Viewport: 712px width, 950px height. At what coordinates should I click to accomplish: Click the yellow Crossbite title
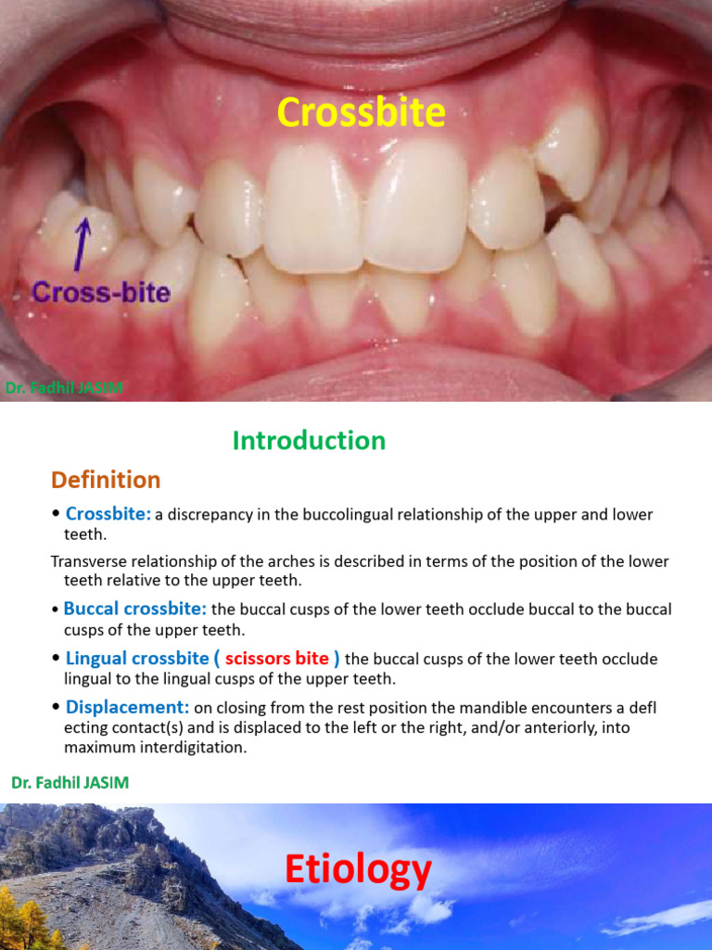[x=361, y=113]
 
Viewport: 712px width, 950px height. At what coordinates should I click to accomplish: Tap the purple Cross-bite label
[x=101, y=293]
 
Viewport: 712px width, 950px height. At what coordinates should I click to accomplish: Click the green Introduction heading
[x=309, y=441]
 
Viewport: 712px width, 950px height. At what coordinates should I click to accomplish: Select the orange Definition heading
[x=106, y=480]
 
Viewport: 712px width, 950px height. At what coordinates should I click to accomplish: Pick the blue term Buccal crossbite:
[x=135, y=610]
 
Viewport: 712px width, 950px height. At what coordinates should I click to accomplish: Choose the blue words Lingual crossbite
[x=137, y=659]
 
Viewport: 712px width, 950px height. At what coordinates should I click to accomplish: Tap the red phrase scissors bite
[x=277, y=659]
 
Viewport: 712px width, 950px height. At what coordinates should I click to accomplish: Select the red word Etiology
[x=358, y=870]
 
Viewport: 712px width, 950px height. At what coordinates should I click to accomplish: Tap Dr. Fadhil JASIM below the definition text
[x=70, y=783]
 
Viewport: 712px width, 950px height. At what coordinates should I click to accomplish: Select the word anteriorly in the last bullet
[x=515, y=728]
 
